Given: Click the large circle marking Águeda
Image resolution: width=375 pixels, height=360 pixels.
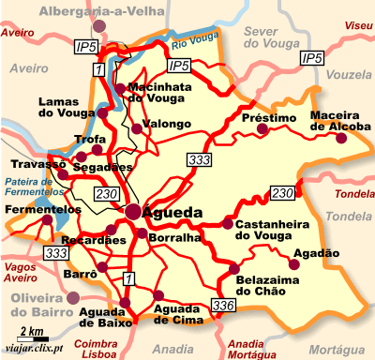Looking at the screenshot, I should (134, 213).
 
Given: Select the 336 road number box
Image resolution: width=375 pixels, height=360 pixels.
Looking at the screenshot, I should (222, 305).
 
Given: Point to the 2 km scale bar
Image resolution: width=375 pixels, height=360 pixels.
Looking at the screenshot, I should (27, 338).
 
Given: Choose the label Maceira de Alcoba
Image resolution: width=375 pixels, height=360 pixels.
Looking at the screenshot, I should (342, 121).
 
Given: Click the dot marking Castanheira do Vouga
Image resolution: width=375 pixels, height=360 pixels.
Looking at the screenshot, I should (227, 224).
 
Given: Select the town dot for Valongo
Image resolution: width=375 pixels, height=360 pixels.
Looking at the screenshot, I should (138, 128).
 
